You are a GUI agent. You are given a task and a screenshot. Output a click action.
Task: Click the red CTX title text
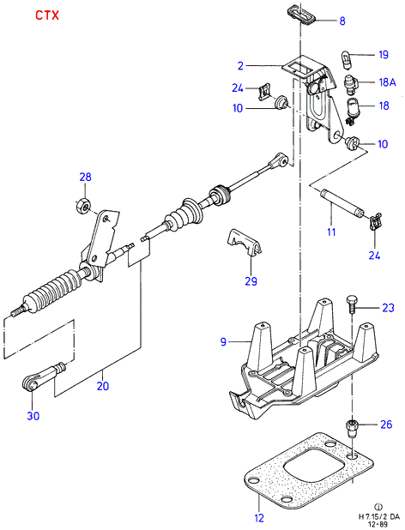coord(47,15)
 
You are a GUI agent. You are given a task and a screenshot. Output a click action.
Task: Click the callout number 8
coord(342,21)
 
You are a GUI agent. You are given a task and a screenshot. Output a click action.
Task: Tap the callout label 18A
coord(387,82)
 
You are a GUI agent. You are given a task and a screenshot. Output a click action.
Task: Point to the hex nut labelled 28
coord(82,205)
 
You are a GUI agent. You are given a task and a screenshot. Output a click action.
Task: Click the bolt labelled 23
coord(351,304)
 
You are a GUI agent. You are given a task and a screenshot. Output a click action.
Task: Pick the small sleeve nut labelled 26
coord(353,428)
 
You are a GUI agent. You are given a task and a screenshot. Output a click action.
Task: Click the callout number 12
coord(259,517)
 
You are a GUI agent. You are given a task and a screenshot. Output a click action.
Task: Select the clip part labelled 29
coord(244,242)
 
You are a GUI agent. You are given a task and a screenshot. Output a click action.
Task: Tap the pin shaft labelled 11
coord(342,202)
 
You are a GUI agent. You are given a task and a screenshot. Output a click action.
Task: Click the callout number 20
coord(103,386)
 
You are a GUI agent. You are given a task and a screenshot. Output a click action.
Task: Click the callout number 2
coord(240,66)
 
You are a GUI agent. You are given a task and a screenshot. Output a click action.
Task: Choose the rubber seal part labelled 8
coord(301,14)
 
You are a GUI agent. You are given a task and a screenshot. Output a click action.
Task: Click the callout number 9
coord(223,342)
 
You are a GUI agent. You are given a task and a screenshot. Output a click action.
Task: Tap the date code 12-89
coord(378,524)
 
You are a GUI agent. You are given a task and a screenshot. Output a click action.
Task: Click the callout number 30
coord(33,416)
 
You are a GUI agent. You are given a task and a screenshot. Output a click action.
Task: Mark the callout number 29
coord(251,281)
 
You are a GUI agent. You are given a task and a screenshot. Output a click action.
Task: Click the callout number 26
coord(386,425)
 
